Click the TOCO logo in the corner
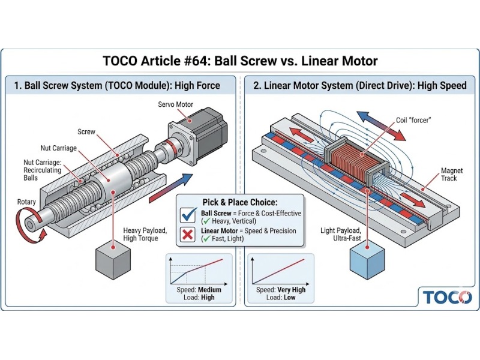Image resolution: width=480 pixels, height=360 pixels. point(447,297)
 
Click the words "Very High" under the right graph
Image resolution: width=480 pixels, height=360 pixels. point(290,290)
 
